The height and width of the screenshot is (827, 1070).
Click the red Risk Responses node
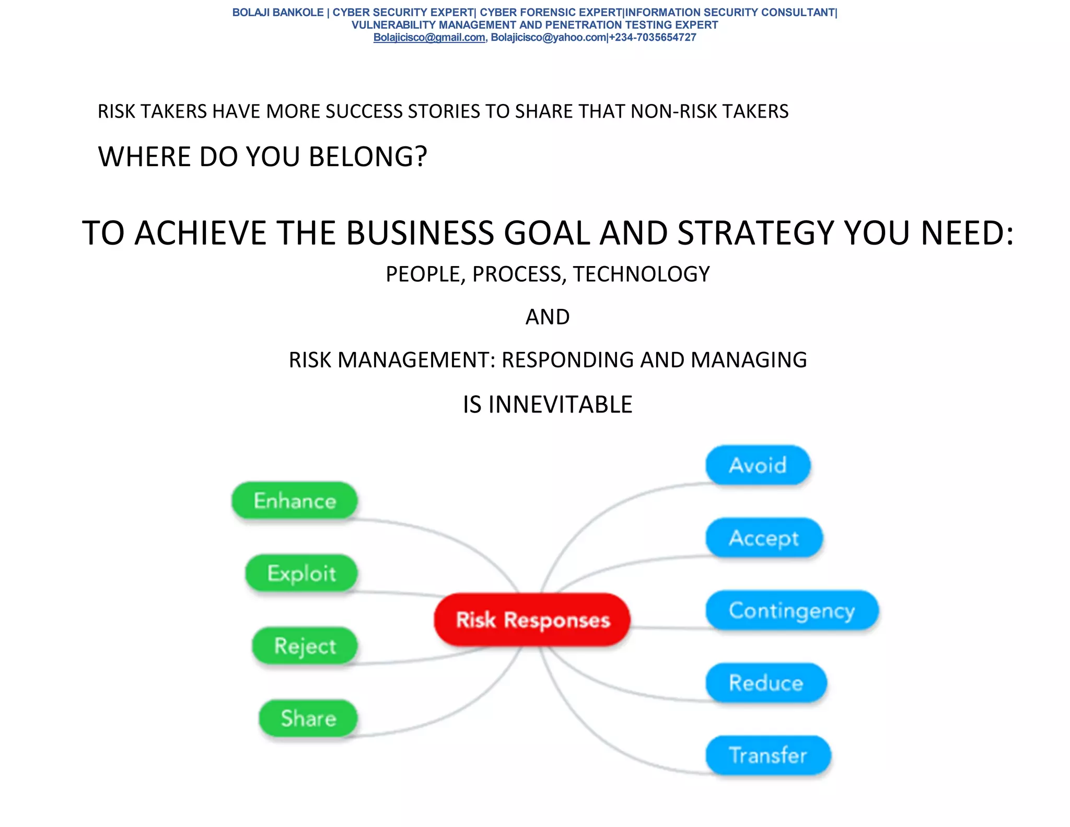(532, 619)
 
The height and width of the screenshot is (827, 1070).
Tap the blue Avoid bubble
(758, 465)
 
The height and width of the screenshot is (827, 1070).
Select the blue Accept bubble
(764, 537)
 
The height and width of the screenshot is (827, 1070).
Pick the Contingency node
(792, 610)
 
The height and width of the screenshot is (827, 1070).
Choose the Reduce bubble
(766, 683)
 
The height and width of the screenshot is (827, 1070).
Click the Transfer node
(768, 755)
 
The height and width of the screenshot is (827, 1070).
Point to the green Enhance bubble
(295, 501)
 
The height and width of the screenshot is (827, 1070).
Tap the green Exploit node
(301, 573)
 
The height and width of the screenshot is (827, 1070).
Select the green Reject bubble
(305, 646)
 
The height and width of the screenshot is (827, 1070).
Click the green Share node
(308, 718)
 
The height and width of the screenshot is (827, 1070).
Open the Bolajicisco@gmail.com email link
(429, 38)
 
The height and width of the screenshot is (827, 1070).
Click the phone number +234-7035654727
(653, 38)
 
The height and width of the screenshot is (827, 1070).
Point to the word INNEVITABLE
(560, 405)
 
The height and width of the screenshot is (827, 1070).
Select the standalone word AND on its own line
(548, 317)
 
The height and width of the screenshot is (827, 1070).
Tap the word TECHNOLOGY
(641, 274)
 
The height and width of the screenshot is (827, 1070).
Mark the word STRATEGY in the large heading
(756, 233)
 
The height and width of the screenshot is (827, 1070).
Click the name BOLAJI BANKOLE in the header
(278, 13)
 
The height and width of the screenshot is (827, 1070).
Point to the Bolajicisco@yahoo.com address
(548, 38)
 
